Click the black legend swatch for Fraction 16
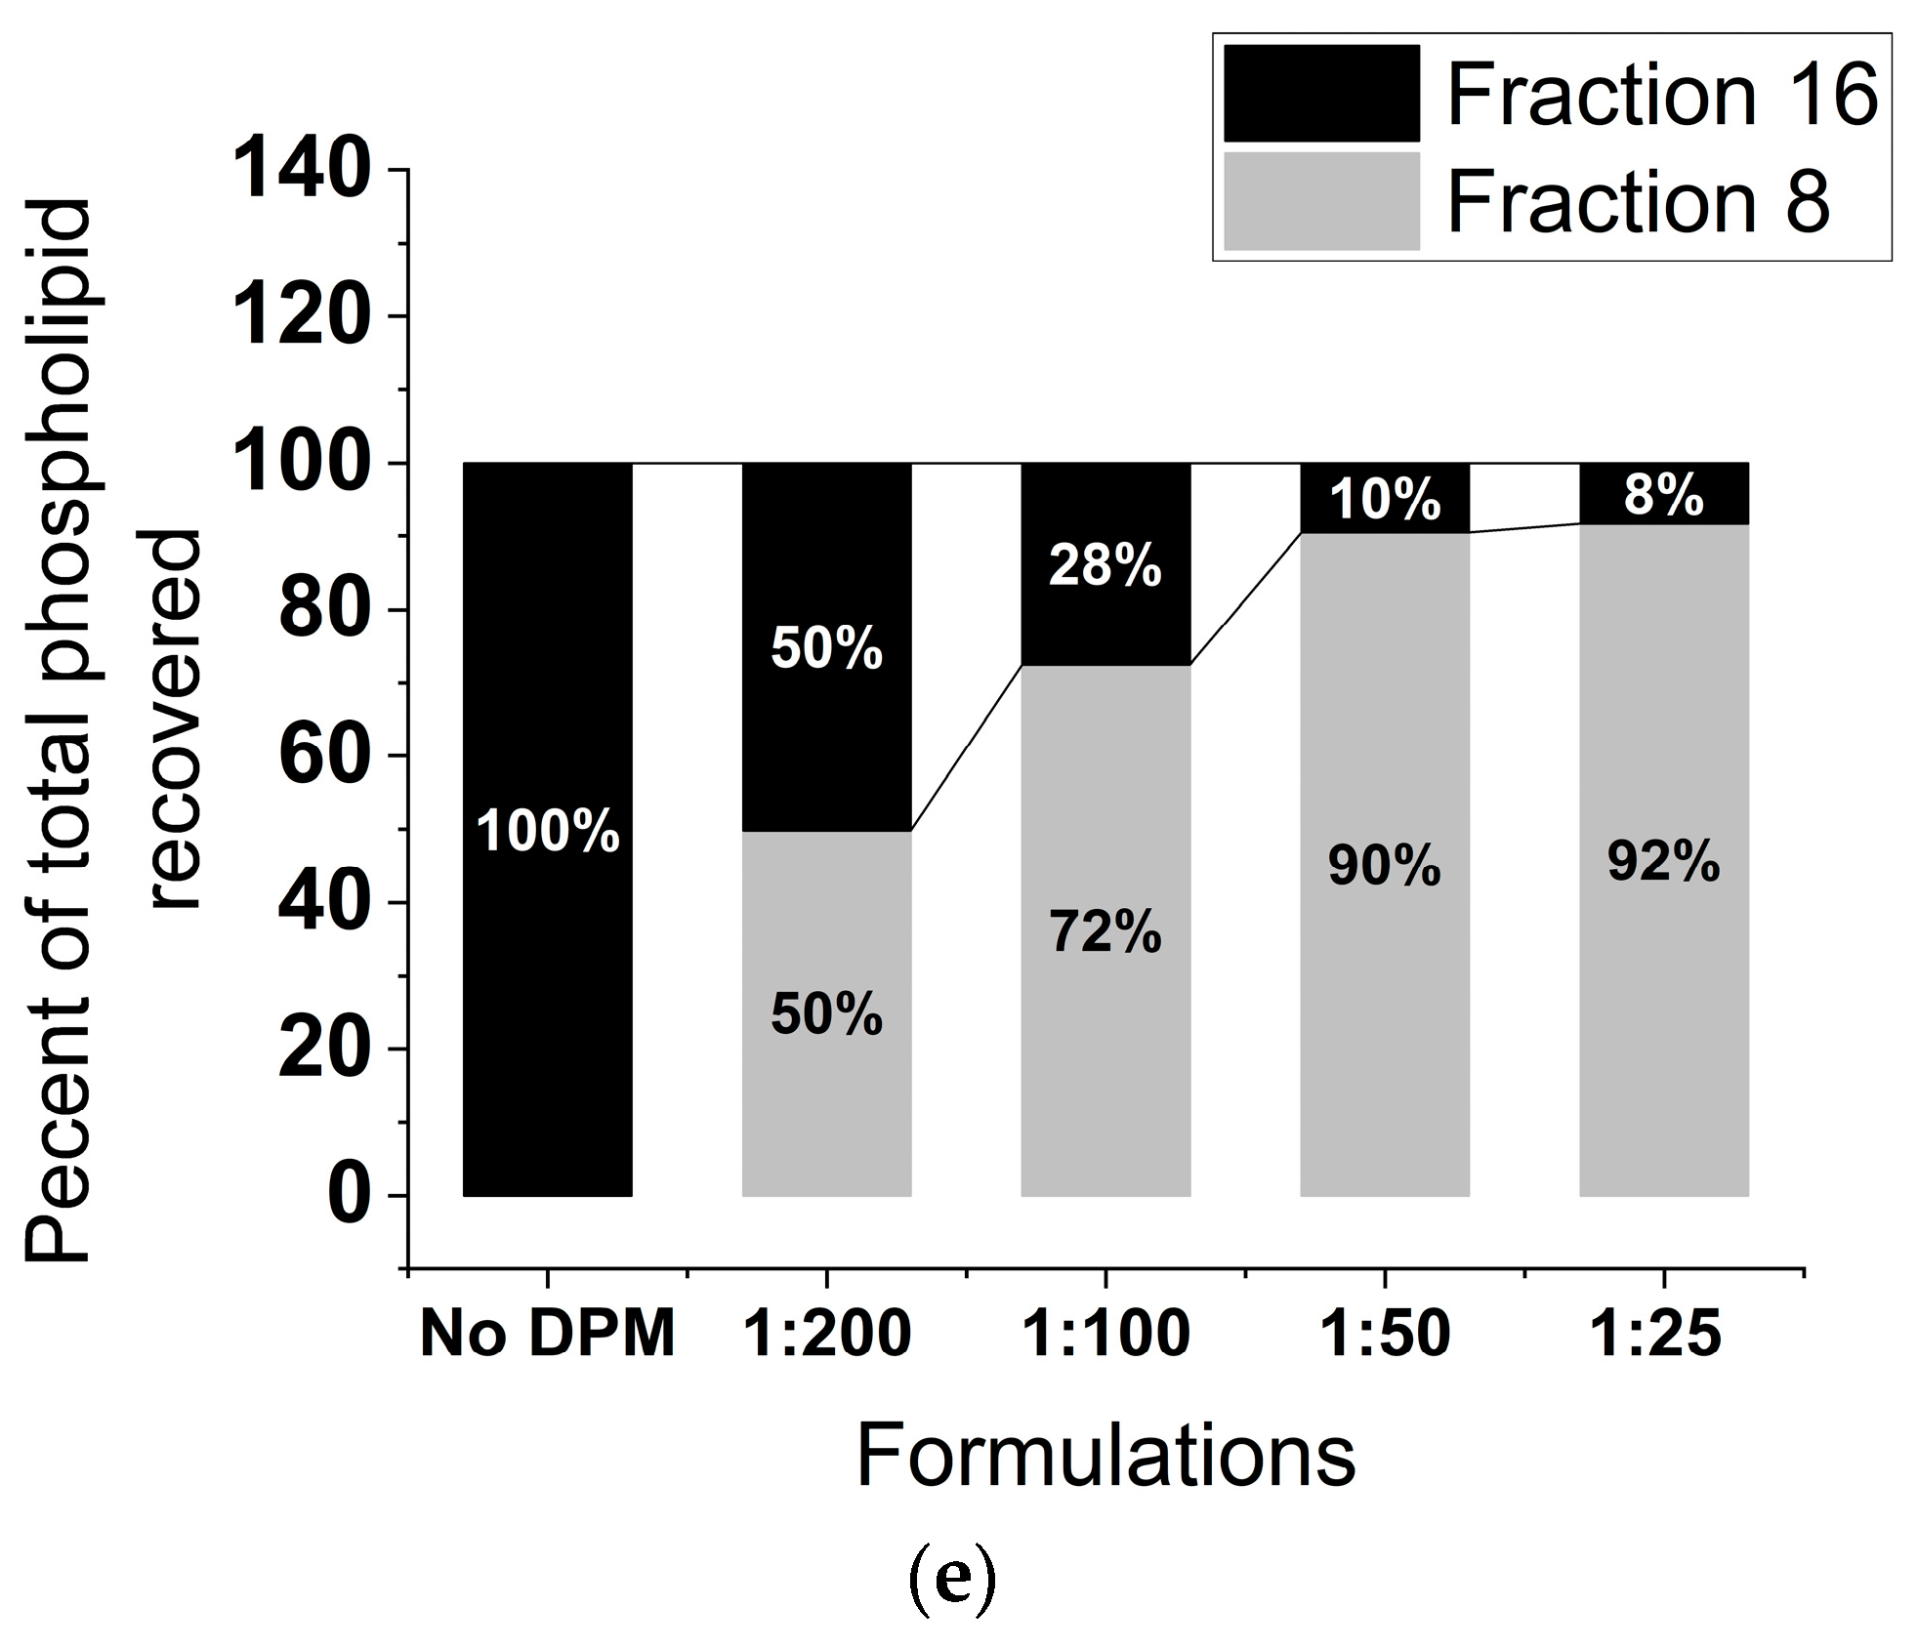click(x=1320, y=93)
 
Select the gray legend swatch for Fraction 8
click(x=1320, y=200)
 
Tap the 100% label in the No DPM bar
click(x=548, y=832)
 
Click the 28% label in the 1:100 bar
click(x=1105, y=565)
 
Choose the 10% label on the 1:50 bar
click(x=1385, y=500)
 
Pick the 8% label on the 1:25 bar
click(x=1664, y=495)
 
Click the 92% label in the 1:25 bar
click(x=1664, y=862)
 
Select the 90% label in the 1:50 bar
click(x=1385, y=866)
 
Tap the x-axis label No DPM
click(x=548, y=1334)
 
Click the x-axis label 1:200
click(x=827, y=1334)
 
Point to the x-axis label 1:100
click(x=1105, y=1334)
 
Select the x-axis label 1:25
click(x=1656, y=1334)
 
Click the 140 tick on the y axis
click(x=303, y=171)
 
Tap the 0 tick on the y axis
click(x=349, y=1196)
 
